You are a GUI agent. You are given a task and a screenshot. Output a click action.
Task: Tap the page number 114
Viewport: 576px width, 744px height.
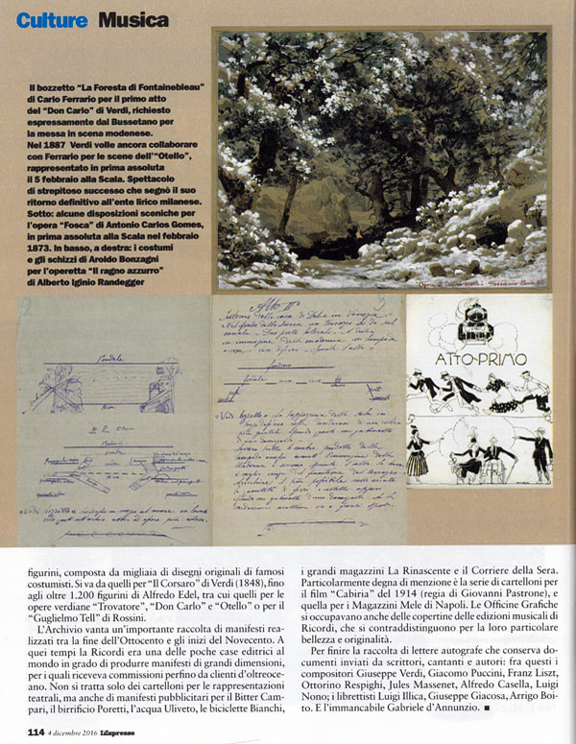click(36, 732)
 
